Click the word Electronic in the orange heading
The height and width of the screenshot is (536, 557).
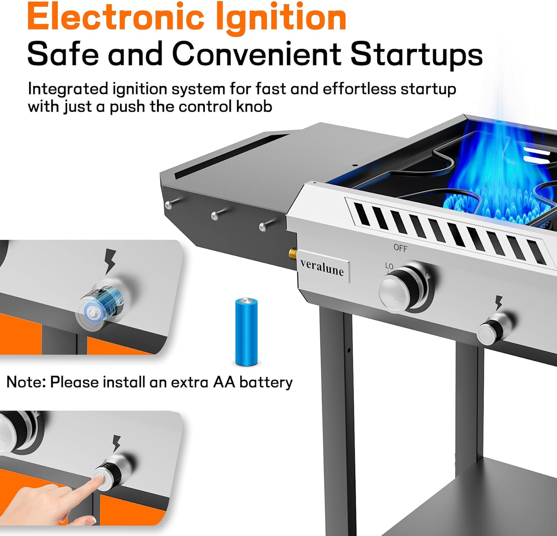[116, 17]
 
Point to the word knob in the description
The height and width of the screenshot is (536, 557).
[254, 107]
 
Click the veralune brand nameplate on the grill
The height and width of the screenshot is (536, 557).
[322, 267]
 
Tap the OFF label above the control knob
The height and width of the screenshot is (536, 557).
[400, 248]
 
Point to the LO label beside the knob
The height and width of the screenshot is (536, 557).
[389, 266]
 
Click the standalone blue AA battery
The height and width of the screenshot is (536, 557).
[246, 331]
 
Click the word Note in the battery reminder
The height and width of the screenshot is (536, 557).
[23, 382]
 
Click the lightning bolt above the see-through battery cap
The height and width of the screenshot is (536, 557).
[110, 261]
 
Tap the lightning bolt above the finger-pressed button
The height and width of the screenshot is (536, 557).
[117, 443]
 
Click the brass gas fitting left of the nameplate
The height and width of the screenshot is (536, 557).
[293, 255]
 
